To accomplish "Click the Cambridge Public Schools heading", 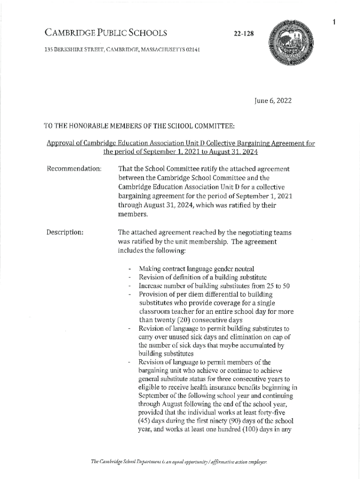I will (105, 33).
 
